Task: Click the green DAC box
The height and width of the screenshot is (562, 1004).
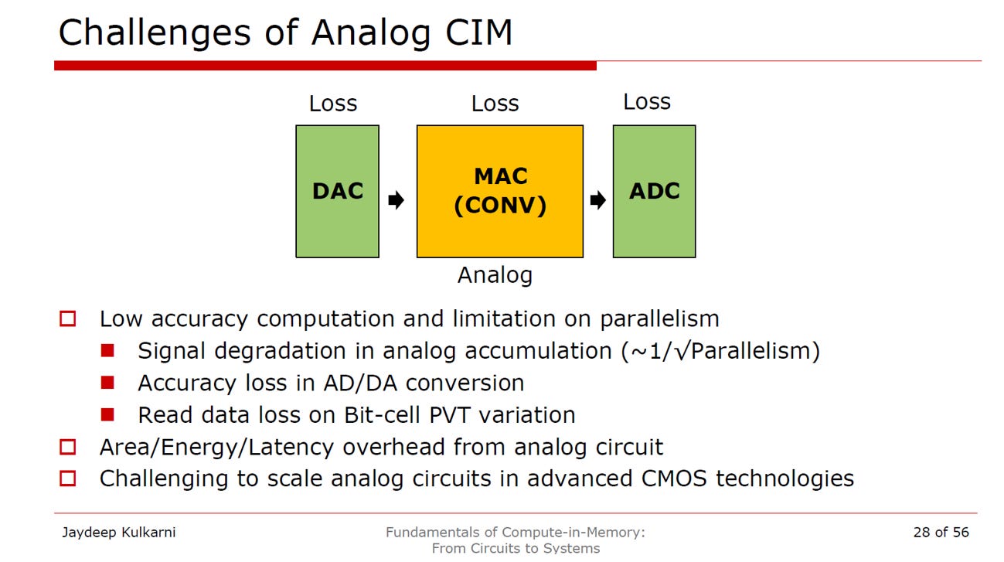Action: [x=337, y=192]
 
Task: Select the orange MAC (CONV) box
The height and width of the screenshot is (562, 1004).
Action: [x=500, y=192]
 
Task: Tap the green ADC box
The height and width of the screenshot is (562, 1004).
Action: [x=654, y=192]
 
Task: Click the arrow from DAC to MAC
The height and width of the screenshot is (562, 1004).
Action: [x=396, y=200]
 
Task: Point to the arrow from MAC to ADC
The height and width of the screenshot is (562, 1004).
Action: [x=598, y=200]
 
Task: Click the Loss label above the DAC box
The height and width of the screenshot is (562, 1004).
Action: [x=333, y=104]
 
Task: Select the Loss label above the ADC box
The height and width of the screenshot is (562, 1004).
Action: [x=647, y=102]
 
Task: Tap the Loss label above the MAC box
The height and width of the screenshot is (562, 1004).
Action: [x=495, y=104]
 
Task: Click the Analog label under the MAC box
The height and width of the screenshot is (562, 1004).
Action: [x=495, y=275]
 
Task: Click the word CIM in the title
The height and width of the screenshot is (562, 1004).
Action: [x=478, y=32]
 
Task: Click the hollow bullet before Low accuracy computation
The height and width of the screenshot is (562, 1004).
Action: [x=68, y=319]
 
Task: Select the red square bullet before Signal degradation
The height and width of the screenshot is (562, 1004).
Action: [x=107, y=350]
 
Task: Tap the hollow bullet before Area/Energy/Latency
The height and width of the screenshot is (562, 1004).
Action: [x=68, y=447]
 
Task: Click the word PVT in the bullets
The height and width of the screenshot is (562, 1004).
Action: [x=450, y=414]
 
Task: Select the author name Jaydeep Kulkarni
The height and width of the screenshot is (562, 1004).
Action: [x=119, y=533]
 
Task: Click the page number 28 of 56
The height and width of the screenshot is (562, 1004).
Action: [x=941, y=532]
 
